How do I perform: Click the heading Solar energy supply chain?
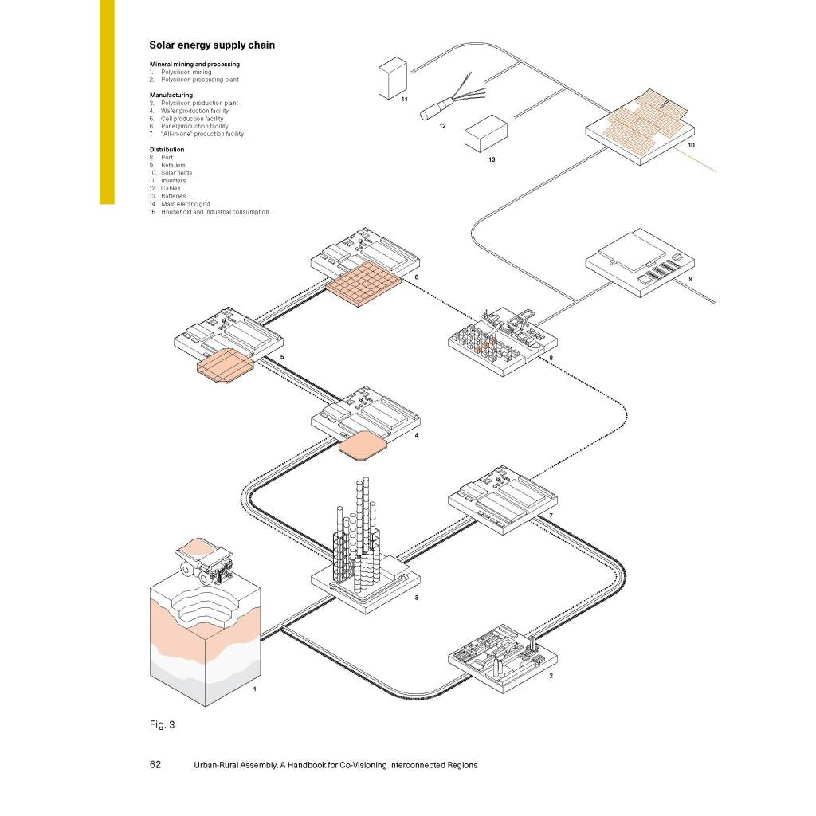coord(212,45)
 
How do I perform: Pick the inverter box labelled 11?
coord(392,79)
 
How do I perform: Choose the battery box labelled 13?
coord(485,134)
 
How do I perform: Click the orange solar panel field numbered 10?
coord(641,120)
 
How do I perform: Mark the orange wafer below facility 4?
coord(363,444)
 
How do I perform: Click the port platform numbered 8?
coord(502,343)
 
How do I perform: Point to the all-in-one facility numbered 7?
coord(502,499)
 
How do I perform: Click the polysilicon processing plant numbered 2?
coord(503,657)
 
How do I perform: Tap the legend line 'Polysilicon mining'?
coord(186,73)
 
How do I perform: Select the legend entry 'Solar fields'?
coord(176,173)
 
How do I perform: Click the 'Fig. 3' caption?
coord(162,724)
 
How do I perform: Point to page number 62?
coord(155,765)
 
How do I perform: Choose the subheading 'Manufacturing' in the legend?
coord(171,95)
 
